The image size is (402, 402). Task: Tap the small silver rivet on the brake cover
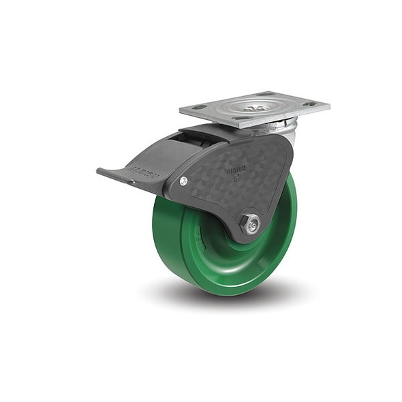[x=184, y=181]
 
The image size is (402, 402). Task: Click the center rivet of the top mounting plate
[x=254, y=108]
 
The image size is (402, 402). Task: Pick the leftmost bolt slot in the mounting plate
[x=199, y=107]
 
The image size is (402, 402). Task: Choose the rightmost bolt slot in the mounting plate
[x=311, y=104]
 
